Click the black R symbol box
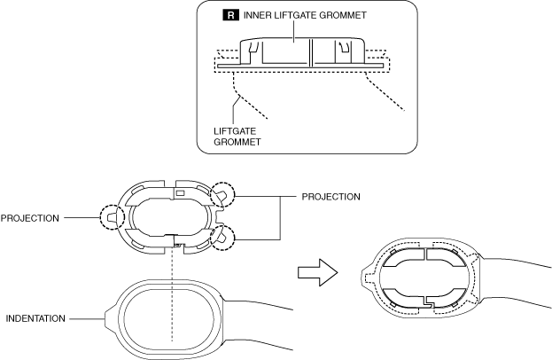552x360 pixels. coord(229,15)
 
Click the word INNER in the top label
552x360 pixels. coord(254,15)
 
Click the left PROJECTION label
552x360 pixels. coord(31,215)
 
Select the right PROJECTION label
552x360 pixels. coord(331,197)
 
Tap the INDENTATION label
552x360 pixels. coord(35,317)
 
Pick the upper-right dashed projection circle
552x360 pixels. coord(222,197)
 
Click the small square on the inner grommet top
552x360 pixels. coord(179,192)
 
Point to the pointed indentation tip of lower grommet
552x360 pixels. coord(108,317)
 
